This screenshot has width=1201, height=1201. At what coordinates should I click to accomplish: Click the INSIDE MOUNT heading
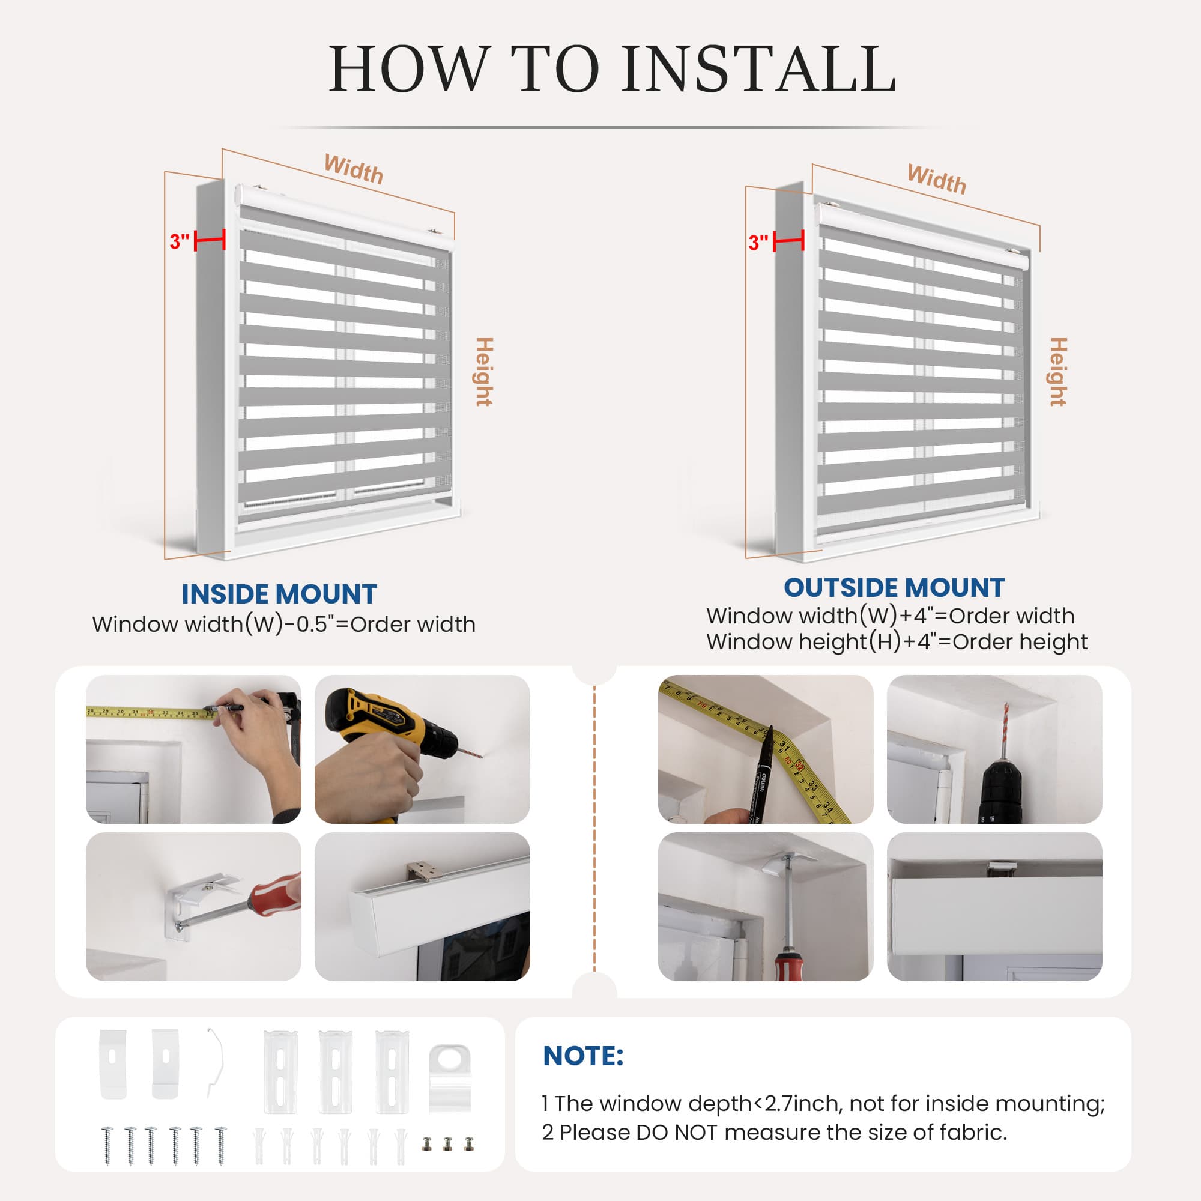(x=279, y=594)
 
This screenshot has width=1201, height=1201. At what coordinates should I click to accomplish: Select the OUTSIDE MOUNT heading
(x=894, y=587)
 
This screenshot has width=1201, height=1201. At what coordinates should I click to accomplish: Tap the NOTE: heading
(x=583, y=1056)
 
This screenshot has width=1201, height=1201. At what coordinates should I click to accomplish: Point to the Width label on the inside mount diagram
(x=354, y=169)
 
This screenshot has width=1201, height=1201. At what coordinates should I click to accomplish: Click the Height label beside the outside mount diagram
(x=1058, y=372)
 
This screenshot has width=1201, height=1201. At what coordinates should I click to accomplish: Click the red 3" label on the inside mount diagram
(x=179, y=241)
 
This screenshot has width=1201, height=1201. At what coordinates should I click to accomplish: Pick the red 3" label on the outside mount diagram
(x=758, y=243)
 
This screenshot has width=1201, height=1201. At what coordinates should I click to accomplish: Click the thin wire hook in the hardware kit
(x=214, y=1063)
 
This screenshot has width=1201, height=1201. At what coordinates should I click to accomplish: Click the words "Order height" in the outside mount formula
(x=1020, y=641)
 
